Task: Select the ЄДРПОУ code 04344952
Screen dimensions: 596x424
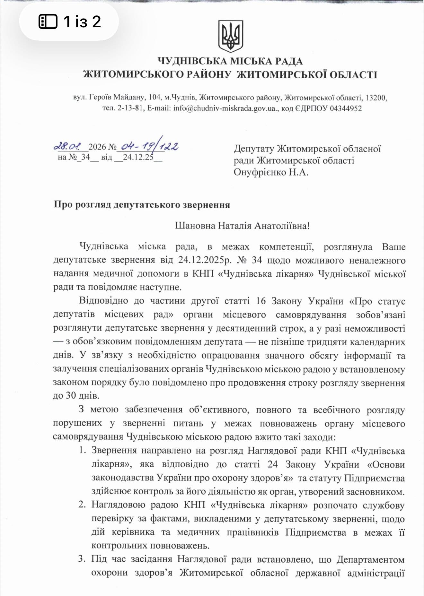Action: click(x=344, y=108)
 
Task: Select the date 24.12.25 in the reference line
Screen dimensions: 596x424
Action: click(x=138, y=158)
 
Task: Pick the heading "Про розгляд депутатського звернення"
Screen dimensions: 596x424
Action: click(x=142, y=205)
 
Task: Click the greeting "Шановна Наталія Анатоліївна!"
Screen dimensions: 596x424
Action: click(x=243, y=226)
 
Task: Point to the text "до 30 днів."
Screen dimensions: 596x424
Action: click(x=76, y=395)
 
